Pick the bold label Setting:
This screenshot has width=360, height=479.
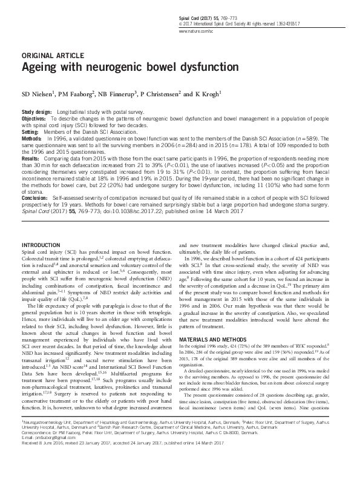point(30,131)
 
